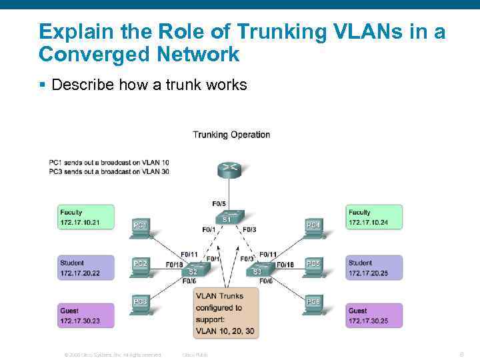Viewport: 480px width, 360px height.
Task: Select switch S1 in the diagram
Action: click(x=227, y=217)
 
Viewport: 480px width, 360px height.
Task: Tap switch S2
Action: click(x=193, y=270)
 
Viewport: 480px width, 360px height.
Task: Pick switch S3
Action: click(x=257, y=270)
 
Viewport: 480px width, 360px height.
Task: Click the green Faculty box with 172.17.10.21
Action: click(x=85, y=217)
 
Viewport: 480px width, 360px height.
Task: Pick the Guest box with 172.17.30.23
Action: click(x=85, y=315)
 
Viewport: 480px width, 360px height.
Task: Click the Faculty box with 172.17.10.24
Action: click(x=374, y=217)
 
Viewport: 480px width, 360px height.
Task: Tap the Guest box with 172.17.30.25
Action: click(x=374, y=315)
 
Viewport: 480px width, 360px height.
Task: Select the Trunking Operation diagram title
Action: click(x=231, y=135)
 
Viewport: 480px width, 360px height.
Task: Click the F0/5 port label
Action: click(x=219, y=203)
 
